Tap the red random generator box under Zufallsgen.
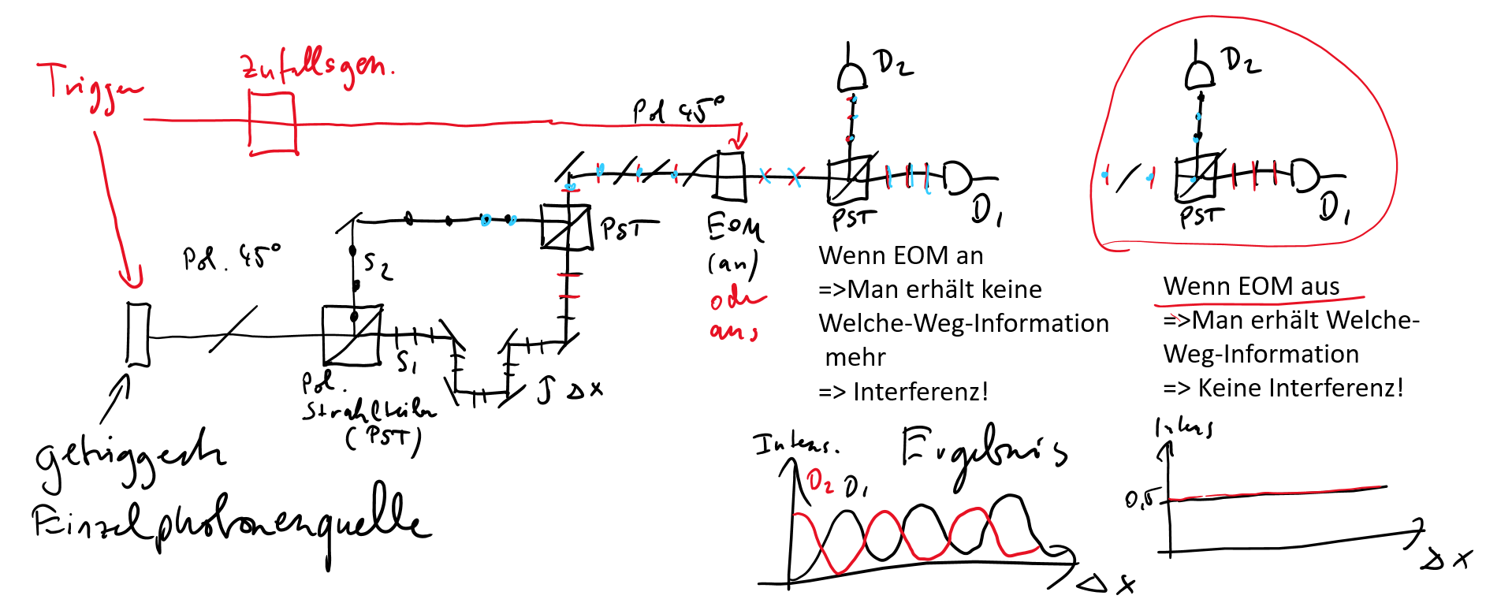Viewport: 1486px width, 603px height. coord(272,122)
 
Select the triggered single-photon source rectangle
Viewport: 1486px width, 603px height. coord(138,334)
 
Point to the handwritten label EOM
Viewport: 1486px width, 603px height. coord(734,228)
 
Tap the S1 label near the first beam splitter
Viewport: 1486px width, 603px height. coord(407,362)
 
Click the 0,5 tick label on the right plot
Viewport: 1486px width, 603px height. coord(1142,499)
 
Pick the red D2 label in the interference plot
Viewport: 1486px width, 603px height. coord(820,481)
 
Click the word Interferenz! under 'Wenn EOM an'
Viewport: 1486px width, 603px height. coord(920,392)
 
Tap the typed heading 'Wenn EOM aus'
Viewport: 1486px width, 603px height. coord(1251,286)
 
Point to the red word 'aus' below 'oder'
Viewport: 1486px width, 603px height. coord(732,331)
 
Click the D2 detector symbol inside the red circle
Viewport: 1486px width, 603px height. coord(1200,76)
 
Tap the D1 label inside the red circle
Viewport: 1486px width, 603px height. coord(1335,208)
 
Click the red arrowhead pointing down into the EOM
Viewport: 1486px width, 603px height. coord(738,142)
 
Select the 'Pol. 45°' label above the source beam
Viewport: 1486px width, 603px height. coord(230,257)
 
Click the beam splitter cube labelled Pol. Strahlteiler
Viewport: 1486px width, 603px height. coord(352,336)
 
